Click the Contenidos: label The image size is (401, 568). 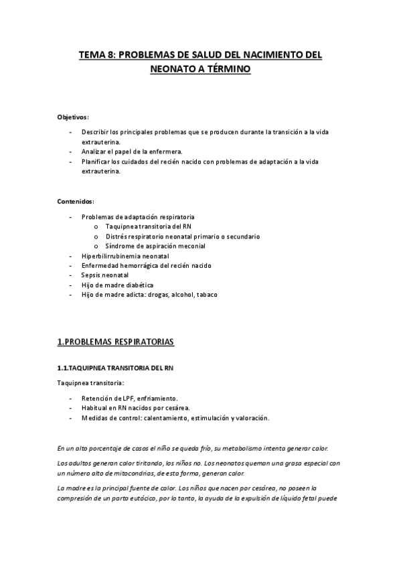coord(76,201)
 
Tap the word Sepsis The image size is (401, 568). coord(90,275)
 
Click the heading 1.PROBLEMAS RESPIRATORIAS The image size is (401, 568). coord(115,343)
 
